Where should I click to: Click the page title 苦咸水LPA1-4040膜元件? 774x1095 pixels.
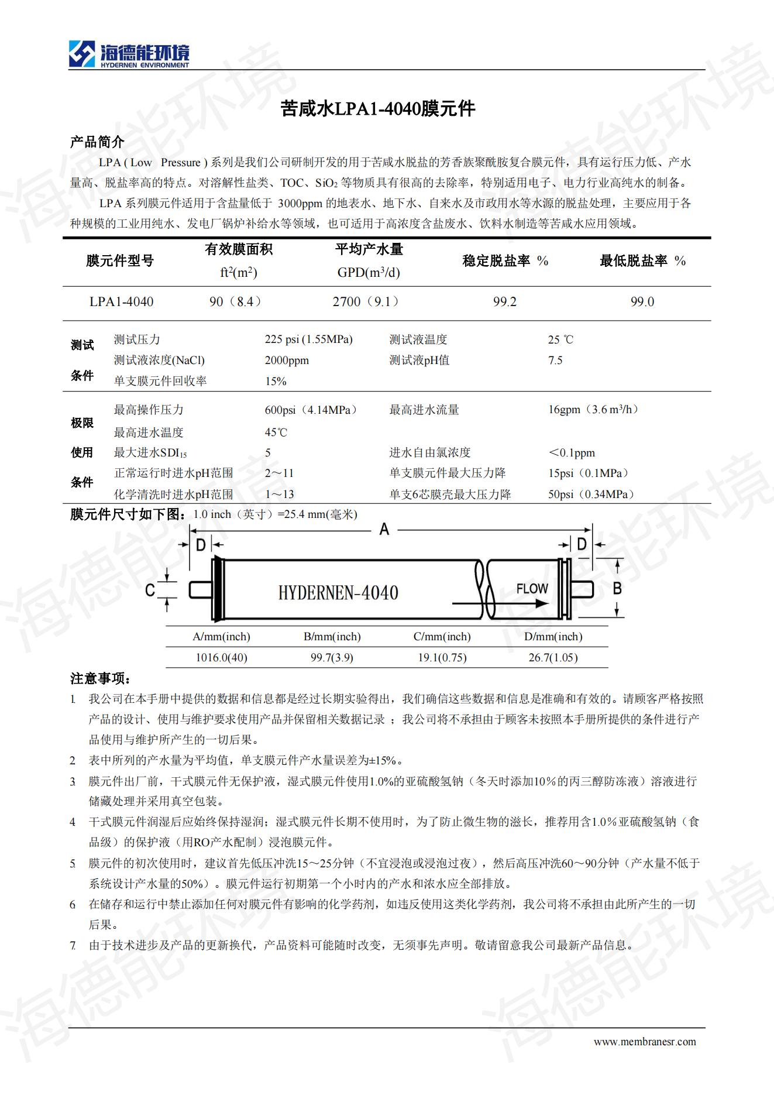coord(378,108)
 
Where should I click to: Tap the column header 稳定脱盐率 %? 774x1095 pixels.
coord(505,261)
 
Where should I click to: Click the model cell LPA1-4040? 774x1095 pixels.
coord(121,302)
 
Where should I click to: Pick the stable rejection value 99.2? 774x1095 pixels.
coord(504,302)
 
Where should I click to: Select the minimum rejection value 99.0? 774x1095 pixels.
coord(642,302)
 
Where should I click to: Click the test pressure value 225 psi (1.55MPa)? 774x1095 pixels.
coord(308,339)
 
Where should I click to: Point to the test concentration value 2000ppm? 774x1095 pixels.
coord(287,361)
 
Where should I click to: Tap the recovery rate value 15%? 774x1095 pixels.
coord(276,382)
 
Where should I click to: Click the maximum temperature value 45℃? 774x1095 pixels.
coord(276,432)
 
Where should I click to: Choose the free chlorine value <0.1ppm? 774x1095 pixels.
coord(571,453)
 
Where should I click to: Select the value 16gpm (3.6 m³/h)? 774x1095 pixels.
coord(593,410)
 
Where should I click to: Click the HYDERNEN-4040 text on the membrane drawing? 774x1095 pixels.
coord(338,593)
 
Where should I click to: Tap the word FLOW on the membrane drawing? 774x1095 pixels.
coord(532,588)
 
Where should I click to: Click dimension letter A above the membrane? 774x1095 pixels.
coord(384,530)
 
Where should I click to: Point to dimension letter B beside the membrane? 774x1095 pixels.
coord(617,588)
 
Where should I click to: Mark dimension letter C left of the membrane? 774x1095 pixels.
coord(150,590)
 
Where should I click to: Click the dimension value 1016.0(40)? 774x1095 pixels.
coord(221,658)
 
